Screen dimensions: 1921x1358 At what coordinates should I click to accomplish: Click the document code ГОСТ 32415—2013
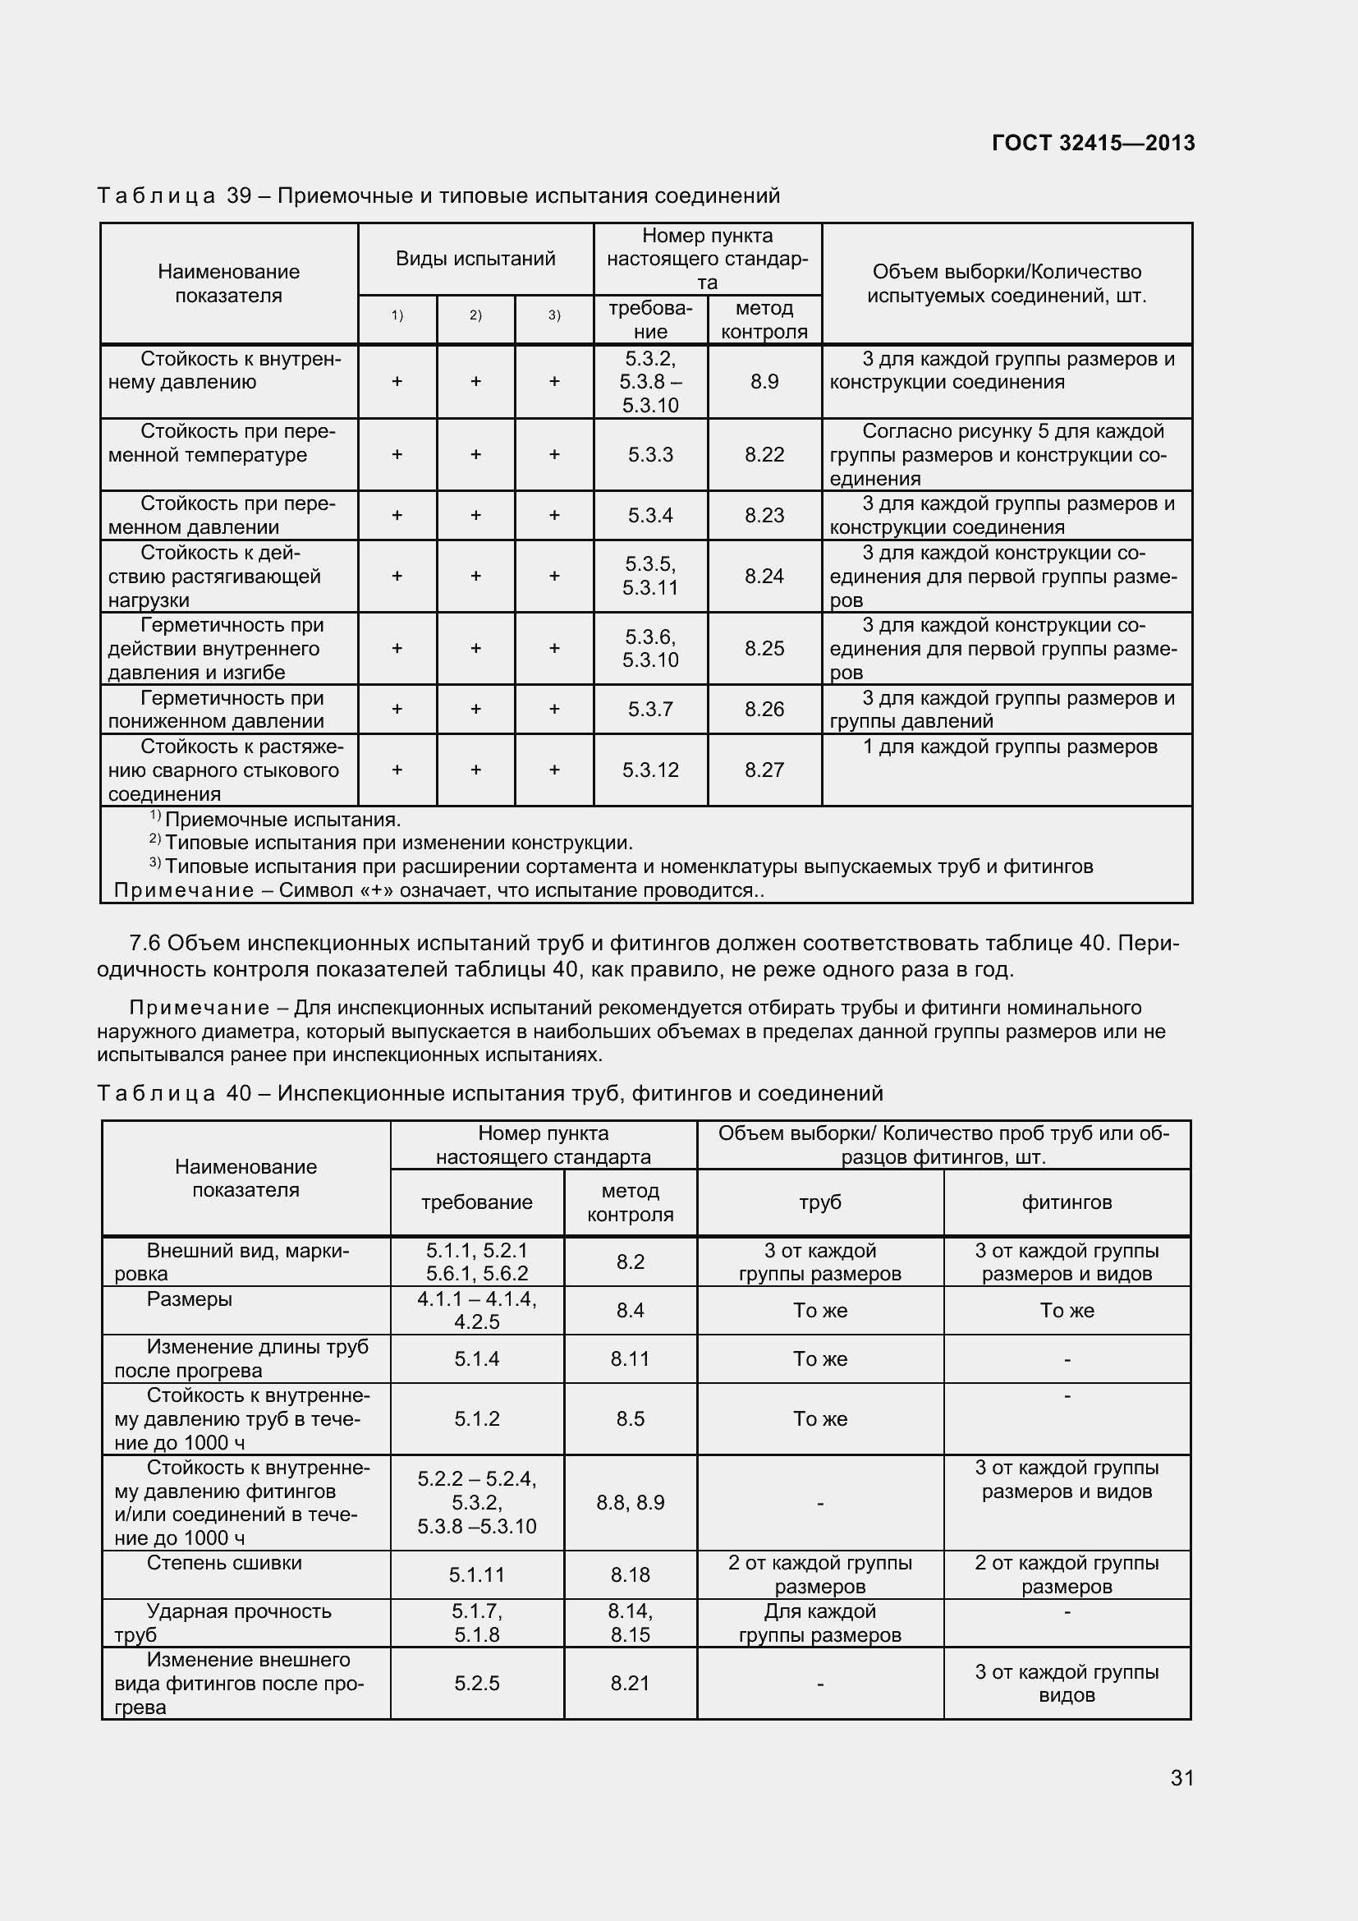[x=1092, y=143]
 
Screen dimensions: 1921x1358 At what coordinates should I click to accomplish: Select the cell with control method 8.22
[x=764, y=454]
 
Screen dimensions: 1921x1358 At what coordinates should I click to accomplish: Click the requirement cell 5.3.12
[x=649, y=770]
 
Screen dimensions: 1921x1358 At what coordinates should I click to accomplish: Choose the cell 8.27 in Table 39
[x=764, y=770]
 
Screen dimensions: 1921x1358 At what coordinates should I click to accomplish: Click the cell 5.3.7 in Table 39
[x=649, y=710]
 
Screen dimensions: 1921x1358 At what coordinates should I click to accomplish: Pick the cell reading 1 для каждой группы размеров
[x=1009, y=747]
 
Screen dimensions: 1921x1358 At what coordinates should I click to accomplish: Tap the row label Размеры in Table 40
[x=189, y=1298]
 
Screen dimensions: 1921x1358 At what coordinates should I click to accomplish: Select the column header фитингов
[x=1067, y=1202]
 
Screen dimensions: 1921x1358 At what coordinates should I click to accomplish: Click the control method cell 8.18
[x=630, y=1574]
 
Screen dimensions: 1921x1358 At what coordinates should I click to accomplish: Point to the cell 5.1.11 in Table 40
[x=477, y=1574]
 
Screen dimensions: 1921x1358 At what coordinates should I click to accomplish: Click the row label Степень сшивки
[x=224, y=1563]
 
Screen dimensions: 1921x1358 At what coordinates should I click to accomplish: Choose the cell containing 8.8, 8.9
[x=630, y=1503]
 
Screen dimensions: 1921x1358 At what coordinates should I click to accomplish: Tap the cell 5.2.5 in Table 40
[x=477, y=1683]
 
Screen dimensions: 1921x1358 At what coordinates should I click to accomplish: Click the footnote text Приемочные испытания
[x=282, y=819]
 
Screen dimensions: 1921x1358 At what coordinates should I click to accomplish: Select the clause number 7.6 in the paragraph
[x=145, y=943]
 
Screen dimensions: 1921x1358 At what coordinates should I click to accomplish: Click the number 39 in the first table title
[x=239, y=195]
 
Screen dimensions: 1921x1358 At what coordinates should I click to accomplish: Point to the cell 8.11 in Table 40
[x=630, y=1358]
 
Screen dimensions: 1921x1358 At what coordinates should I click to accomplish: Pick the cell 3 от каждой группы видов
[x=1067, y=1683]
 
